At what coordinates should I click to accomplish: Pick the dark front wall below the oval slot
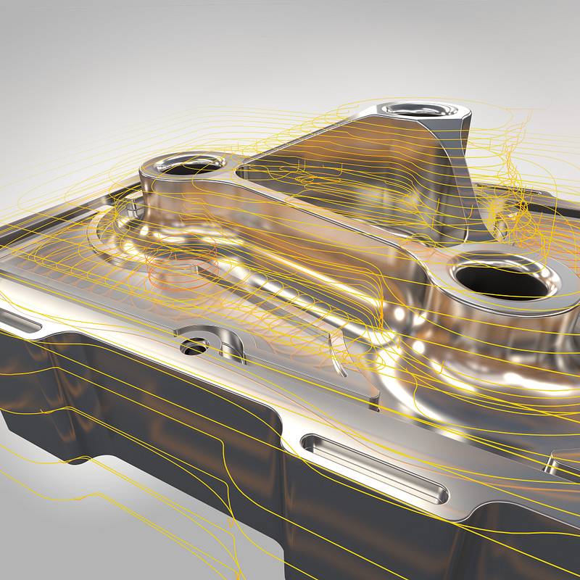(362, 529)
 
